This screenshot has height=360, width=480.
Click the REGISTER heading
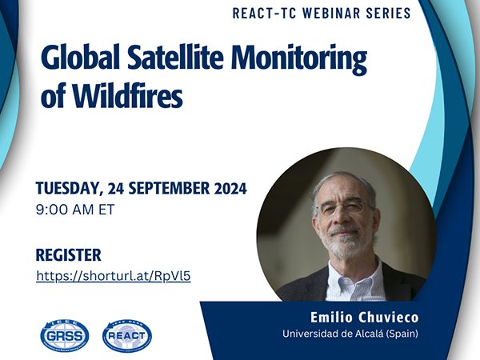pos(69,255)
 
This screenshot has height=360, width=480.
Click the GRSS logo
pos(65,334)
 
